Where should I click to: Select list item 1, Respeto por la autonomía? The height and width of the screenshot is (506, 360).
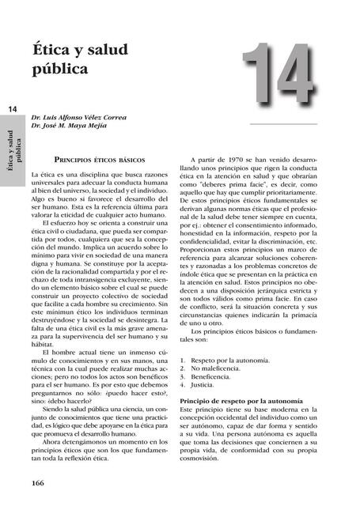pos(233,360)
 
